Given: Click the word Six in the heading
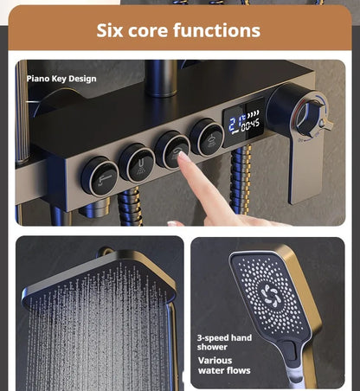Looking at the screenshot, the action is [x=110, y=30].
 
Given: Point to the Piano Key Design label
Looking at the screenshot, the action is [x=61, y=79].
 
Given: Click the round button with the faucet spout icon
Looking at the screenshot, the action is [x=100, y=176].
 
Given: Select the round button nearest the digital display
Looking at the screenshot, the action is [x=207, y=138].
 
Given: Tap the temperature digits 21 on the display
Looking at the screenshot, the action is [x=235, y=125].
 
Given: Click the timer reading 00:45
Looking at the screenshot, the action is [x=250, y=125].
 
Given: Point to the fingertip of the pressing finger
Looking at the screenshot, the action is [x=183, y=156].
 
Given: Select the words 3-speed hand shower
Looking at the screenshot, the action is [x=224, y=343].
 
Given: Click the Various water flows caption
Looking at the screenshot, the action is [x=224, y=366].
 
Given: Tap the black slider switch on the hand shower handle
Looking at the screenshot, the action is [x=290, y=350].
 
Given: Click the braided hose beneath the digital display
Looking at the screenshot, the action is [x=241, y=179].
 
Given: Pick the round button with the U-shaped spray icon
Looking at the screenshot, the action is [x=137, y=163].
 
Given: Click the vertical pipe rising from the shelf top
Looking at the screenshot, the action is [x=162, y=78].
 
